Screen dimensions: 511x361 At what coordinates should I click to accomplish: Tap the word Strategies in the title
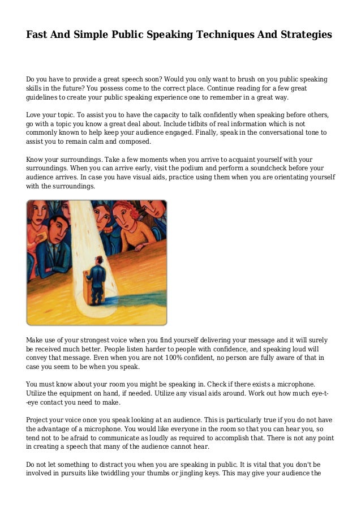click(x=304, y=35)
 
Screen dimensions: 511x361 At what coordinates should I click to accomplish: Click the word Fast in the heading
click(x=37, y=35)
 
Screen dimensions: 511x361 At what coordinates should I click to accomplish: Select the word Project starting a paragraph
click(x=38, y=420)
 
